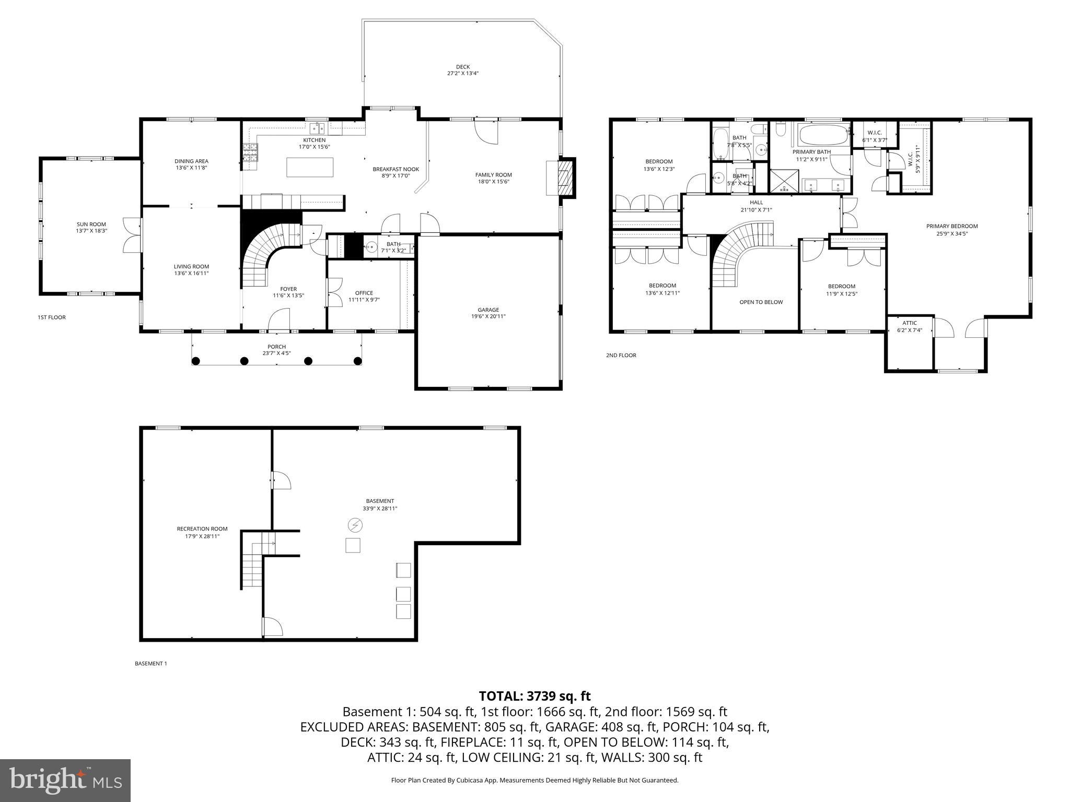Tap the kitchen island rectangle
(310, 167)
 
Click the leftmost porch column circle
(196, 361)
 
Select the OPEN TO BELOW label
(761, 302)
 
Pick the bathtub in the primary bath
(821, 135)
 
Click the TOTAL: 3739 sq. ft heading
(534, 696)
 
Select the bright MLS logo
(65, 780)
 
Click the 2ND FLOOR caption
(621, 356)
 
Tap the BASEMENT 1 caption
(150, 664)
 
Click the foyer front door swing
(280, 320)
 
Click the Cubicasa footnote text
(534, 780)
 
